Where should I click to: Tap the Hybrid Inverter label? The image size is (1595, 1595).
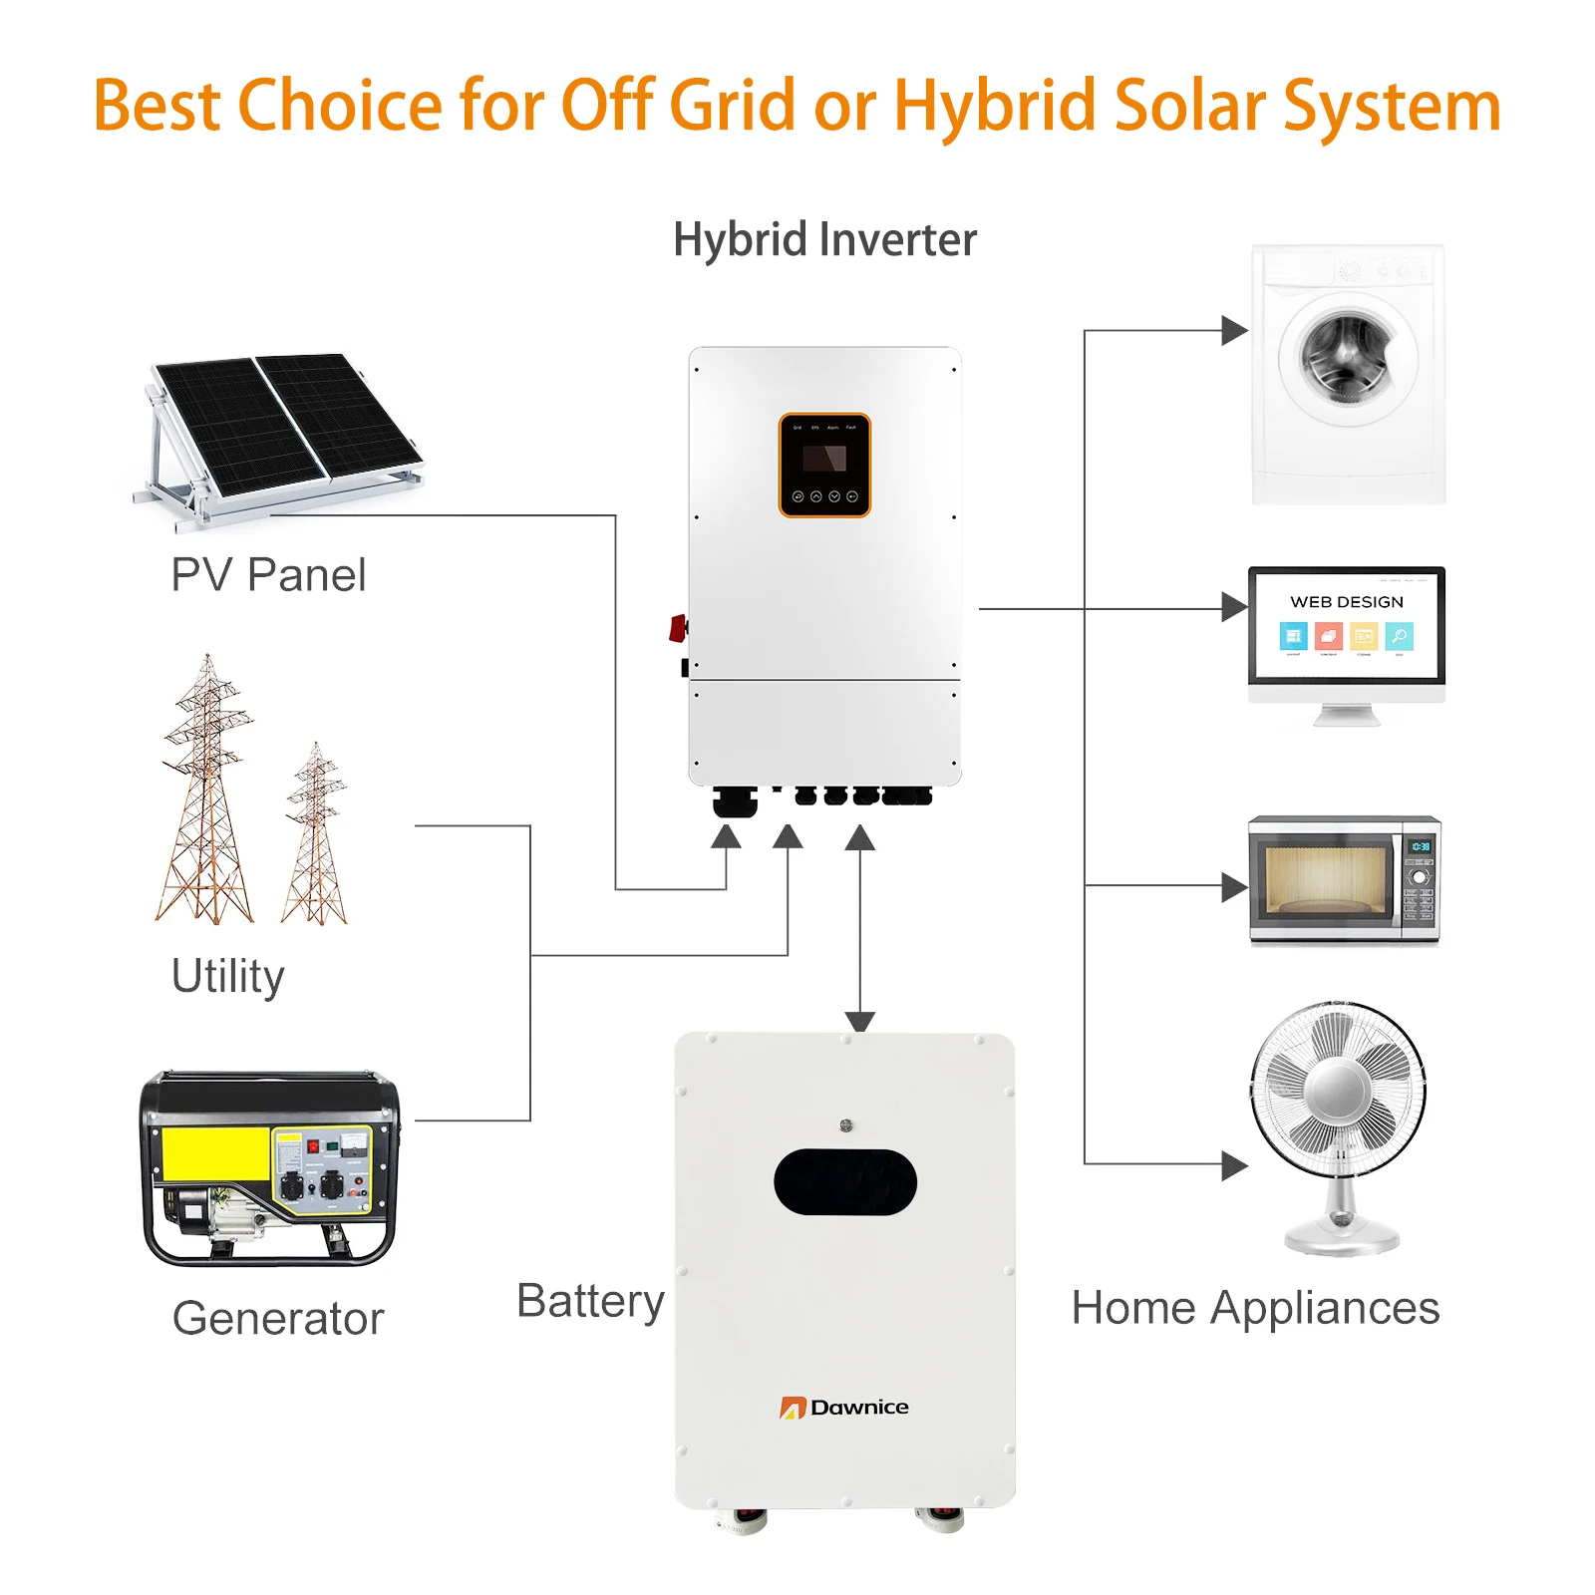pyautogui.click(x=824, y=240)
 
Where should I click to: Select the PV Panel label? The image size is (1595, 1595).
pyautogui.click(x=268, y=575)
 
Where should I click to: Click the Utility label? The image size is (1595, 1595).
pyautogui.click(x=228, y=976)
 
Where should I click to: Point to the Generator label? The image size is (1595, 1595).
pyautogui.click(x=278, y=1318)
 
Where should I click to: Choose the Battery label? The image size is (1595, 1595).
pyautogui.click(x=590, y=1301)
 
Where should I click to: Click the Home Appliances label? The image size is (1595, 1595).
pyautogui.click(x=1255, y=1308)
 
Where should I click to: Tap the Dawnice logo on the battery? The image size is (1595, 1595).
pyautogui.click(x=844, y=1407)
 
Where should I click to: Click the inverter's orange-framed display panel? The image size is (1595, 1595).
pyautogui.click(x=824, y=465)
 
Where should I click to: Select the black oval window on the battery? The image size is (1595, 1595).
pyautogui.click(x=844, y=1181)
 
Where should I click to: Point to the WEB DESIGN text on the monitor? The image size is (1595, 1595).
pyautogui.click(x=1346, y=602)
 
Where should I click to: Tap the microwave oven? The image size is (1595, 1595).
pyautogui.click(x=1344, y=879)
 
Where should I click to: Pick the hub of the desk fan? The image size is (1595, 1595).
pyautogui.click(x=1337, y=1090)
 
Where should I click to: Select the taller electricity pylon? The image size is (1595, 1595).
pyautogui.click(x=206, y=788)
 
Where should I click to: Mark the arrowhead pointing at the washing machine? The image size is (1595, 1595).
pyautogui.click(x=1233, y=330)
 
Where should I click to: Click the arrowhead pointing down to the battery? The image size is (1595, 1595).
pyautogui.click(x=859, y=1021)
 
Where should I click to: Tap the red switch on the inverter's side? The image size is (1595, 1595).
pyautogui.click(x=678, y=628)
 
